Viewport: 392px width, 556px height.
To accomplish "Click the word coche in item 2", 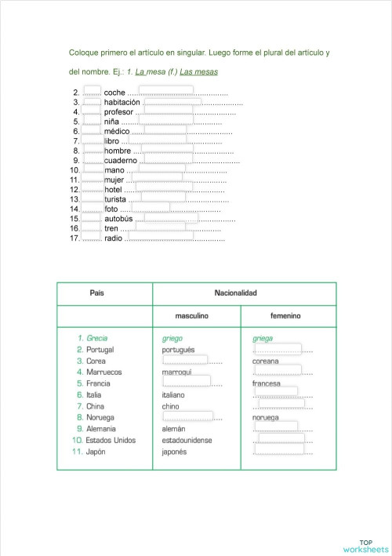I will click(115, 93).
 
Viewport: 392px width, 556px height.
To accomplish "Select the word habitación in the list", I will click(122, 102).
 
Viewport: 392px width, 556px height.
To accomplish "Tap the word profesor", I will click(119, 112).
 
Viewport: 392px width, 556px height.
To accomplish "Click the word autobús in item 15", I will click(118, 219).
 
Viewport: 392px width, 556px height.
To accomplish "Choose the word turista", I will click(117, 199).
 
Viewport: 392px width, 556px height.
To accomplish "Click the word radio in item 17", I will click(114, 238).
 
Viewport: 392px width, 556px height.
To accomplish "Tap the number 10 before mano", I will click(75, 170).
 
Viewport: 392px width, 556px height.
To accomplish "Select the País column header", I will click(97, 293).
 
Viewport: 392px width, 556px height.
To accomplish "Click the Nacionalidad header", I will click(236, 293).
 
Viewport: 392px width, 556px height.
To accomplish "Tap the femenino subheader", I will click(285, 316).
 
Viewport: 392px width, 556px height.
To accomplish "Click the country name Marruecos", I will click(104, 372).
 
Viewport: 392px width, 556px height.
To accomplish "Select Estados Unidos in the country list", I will click(111, 441).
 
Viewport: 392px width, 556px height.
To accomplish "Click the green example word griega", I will click(263, 339).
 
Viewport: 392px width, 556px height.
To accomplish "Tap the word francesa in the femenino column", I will click(267, 384).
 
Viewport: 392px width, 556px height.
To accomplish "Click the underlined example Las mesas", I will click(198, 72).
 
